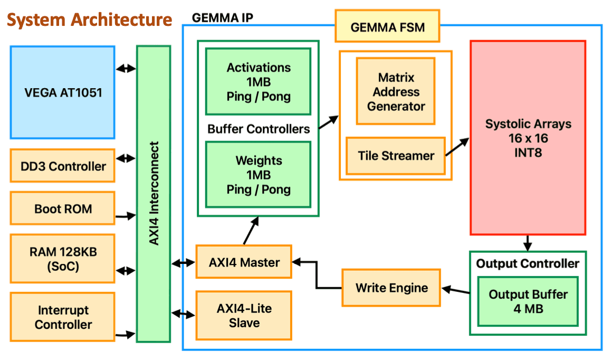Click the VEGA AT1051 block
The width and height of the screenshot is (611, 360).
pyautogui.click(x=62, y=92)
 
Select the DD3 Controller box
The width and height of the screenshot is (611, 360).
pyautogui.click(x=62, y=166)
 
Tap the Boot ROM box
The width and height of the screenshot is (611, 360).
pyautogui.click(x=62, y=209)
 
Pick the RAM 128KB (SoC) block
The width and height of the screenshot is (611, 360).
pyautogui.click(x=62, y=259)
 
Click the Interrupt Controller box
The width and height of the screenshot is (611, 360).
pyautogui.click(x=62, y=317)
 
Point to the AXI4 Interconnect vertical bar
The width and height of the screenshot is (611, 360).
pyautogui.click(x=153, y=194)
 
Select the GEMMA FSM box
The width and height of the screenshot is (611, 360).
pyautogui.click(x=387, y=26)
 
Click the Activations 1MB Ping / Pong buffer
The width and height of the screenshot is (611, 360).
pyautogui.click(x=258, y=82)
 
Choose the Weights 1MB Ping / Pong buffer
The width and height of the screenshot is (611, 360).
pyautogui.click(x=258, y=175)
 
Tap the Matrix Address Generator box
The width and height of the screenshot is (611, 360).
pyautogui.click(x=396, y=91)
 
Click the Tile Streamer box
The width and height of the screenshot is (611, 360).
pyautogui.click(x=396, y=156)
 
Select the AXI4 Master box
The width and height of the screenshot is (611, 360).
pyautogui.click(x=243, y=262)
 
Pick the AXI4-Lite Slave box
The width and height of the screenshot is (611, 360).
pyautogui.click(x=243, y=315)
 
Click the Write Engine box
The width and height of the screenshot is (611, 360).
pyautogui.click(x=391, y=288)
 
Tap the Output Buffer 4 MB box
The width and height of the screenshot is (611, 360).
pyautogui.click(x=528, y=301)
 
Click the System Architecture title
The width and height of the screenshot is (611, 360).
pyautogui.click(x=90, y=20)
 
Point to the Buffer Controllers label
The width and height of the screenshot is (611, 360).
pyautogui.click(x=259, y=129)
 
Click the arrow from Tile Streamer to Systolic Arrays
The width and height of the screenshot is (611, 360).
pyautogui.click(x=457, y=147)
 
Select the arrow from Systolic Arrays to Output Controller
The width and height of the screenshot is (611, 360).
pyautogui.click(x=527, y=243)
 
